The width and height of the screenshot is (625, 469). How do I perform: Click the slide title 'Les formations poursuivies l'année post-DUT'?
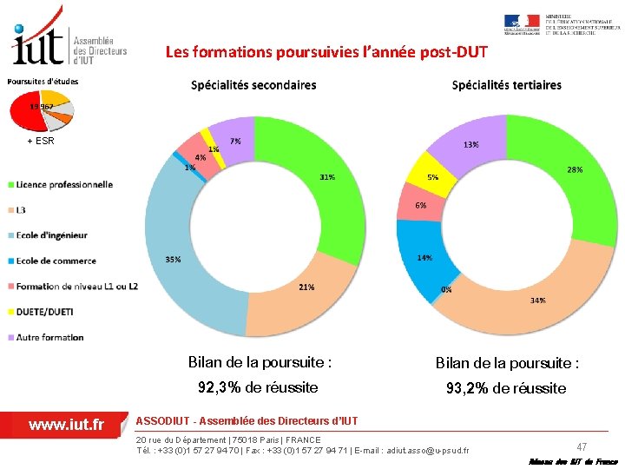[326, 52]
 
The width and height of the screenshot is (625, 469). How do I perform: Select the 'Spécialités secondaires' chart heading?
[253, 85]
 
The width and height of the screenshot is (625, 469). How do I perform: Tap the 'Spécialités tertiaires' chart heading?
[506, 85]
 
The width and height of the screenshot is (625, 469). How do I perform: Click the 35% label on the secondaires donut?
[174, 260]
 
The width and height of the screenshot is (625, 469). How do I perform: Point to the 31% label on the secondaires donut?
[327, 177]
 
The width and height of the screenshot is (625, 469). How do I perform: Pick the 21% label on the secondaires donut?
[306, 287]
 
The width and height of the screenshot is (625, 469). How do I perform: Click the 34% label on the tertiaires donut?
[538, 301]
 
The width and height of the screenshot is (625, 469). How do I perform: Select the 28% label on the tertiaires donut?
[575, 170]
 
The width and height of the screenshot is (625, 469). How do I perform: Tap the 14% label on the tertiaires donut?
[424, 258]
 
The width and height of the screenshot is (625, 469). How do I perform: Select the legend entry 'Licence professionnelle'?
[64, 184]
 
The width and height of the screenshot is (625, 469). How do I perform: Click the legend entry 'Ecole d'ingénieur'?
[51, 235]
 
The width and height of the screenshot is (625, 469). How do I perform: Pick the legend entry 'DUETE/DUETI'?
[44, 312]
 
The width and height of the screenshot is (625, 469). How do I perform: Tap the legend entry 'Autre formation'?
[49, 337]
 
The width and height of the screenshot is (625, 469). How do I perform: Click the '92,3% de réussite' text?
[258, 387]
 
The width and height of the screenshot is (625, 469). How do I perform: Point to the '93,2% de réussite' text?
[506, 388]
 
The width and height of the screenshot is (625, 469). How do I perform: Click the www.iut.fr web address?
[66, 425]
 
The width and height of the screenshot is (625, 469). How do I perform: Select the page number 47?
[582, 445]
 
